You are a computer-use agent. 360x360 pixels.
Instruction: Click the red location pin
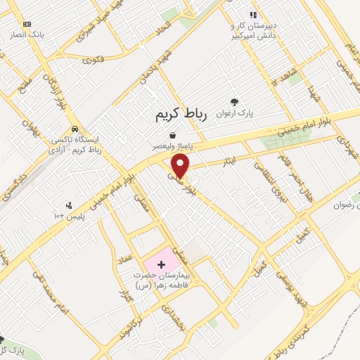pyautogui.click(x=181, y=165)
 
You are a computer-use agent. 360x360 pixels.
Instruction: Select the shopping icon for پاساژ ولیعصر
pyautogui.click(x=172, y=135)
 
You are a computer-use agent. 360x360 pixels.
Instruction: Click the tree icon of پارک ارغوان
pyautogui.click(x=234, y=101)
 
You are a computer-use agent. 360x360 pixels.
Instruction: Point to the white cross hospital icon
pyautogui.click(x=162, y=264)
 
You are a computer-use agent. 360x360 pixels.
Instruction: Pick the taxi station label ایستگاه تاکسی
pyautogui.click(x=77, y=141)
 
